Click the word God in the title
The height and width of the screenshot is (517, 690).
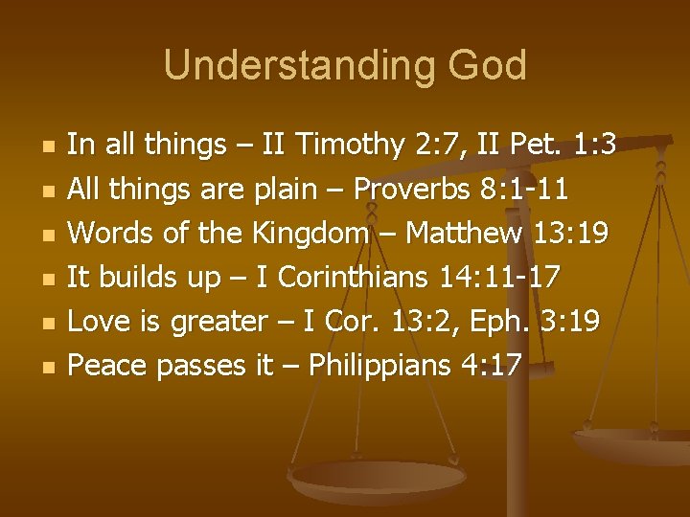[488, 66]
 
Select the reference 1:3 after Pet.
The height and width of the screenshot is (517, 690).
[592, 146]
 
